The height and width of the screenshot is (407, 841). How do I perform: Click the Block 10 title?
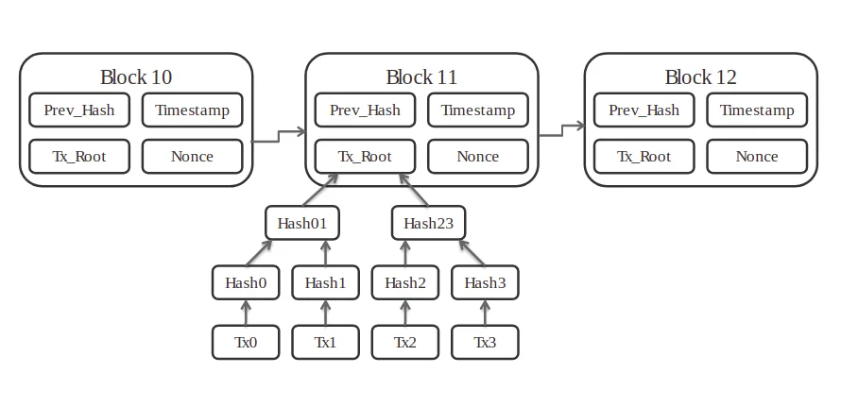point(136,77)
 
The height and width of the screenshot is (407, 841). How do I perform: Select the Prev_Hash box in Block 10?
point(79,110)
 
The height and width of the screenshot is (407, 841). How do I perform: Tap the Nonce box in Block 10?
point(193,157)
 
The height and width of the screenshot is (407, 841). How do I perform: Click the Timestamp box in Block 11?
point(478,110)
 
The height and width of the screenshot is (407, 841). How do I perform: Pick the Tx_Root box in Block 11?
point(366,157)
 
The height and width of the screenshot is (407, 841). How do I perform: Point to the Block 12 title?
point(701,77)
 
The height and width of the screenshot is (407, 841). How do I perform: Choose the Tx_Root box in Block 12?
point(644,157)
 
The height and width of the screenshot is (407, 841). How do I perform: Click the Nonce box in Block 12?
point(757,157)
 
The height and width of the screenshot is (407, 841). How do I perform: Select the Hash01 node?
point(302,223)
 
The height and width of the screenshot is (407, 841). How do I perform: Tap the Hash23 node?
point(429,223)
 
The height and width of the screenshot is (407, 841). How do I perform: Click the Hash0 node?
point(246,282)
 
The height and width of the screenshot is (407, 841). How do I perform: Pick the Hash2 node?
point(405,282)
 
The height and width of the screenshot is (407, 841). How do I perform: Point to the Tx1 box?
point(326,342)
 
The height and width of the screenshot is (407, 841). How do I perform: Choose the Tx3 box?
point(485,342)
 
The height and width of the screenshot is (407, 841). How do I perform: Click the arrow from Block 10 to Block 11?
point(279,136)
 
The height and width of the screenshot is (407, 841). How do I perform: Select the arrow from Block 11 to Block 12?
point(561,130)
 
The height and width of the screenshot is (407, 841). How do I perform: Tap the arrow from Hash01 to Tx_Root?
point(320,190)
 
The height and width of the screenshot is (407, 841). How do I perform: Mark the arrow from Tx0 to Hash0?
point(246,313)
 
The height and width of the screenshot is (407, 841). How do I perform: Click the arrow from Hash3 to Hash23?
point(472,252)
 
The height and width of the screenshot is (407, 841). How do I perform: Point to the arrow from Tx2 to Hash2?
point(405,313)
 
